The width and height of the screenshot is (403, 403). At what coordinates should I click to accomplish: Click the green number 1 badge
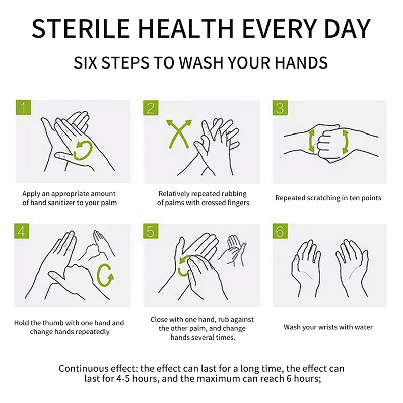pos(23,107)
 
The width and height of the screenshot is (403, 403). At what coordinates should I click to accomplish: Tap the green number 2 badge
pos(151,108)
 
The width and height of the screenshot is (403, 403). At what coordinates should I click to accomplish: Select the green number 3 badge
pos(280,108)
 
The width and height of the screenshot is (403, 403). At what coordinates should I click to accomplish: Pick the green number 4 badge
pos(22,231)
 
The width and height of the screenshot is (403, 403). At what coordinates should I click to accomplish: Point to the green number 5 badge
pos(151,231)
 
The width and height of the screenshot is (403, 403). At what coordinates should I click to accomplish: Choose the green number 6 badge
pos(280,231)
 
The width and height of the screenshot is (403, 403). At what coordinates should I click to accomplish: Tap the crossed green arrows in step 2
pos(179,135)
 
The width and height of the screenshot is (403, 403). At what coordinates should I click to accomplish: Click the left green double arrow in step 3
pos(311,141)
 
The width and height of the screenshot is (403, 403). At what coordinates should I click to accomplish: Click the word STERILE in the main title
pos(81,29)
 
